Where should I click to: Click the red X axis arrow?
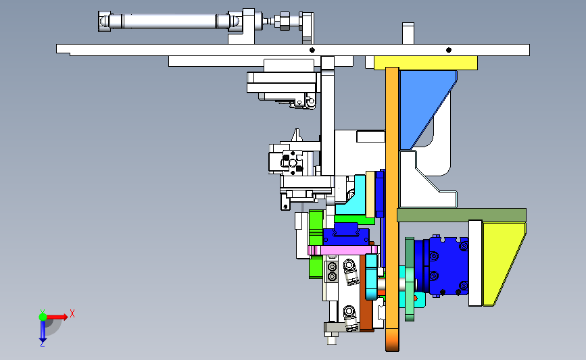(57, 317)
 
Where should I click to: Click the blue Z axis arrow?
(43, 331)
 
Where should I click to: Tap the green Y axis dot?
(43, 317)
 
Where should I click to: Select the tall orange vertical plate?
(392, 209)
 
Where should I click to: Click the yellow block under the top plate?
(426, 63)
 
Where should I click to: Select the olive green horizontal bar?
(462, 215)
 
